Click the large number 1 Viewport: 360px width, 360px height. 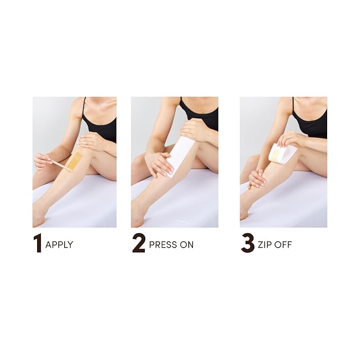pos(37,243)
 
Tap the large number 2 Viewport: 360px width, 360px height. pos(138,243)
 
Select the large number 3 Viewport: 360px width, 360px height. pos(248,243)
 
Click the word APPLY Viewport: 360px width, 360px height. pos(59,245)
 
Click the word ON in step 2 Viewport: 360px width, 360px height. pos(187,245)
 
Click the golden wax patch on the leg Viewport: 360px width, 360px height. pos(74,160)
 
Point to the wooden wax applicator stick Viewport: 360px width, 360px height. pos(59,164)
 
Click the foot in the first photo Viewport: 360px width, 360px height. pos(39,216)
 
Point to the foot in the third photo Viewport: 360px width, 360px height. pos(244,211)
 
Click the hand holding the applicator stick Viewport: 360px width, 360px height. pos(42,160)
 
